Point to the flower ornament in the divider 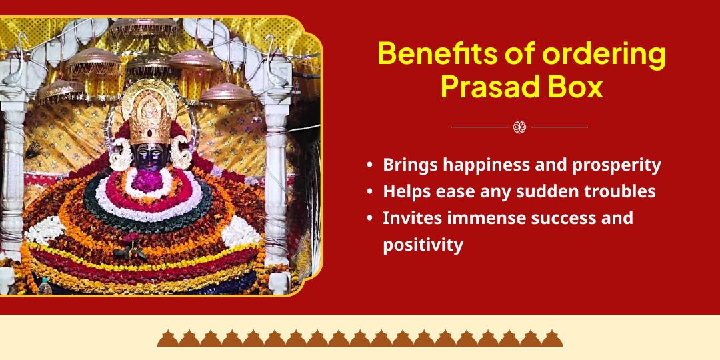pos(519,127)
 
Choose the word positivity pos(423,245)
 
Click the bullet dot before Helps pos(370,192)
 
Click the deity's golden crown pos(149,113)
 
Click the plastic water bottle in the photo pos(45,286)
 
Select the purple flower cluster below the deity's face pos(147,181)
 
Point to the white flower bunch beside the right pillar pos(241,231)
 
